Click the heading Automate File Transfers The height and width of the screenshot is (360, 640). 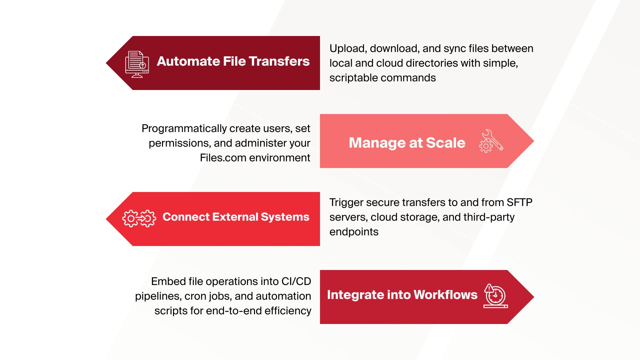(x=233, y=61)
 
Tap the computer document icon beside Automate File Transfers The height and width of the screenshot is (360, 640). (x=137, y=64)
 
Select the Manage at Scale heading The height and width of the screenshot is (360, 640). (x=407, y=143)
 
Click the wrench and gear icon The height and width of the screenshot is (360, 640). (x=491, y=141)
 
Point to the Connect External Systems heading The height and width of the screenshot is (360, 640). (x=236, y=217)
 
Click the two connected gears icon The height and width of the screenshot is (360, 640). (x=139, y=219)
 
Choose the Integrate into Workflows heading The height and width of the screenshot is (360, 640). (x=402, y=295)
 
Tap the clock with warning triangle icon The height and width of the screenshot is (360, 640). (x=496, y=296)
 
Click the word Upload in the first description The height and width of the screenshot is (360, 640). (x=348, y=49)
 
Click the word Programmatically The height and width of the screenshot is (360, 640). (x=184, y=129)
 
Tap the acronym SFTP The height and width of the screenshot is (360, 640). (x=520, y=202)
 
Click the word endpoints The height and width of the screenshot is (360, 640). (x=354, y=232)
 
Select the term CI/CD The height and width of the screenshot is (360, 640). (x=296, y=281)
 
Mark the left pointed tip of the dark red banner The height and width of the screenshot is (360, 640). (x=106, y=63)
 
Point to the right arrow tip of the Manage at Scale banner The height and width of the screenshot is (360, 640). (x=534, y=141)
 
